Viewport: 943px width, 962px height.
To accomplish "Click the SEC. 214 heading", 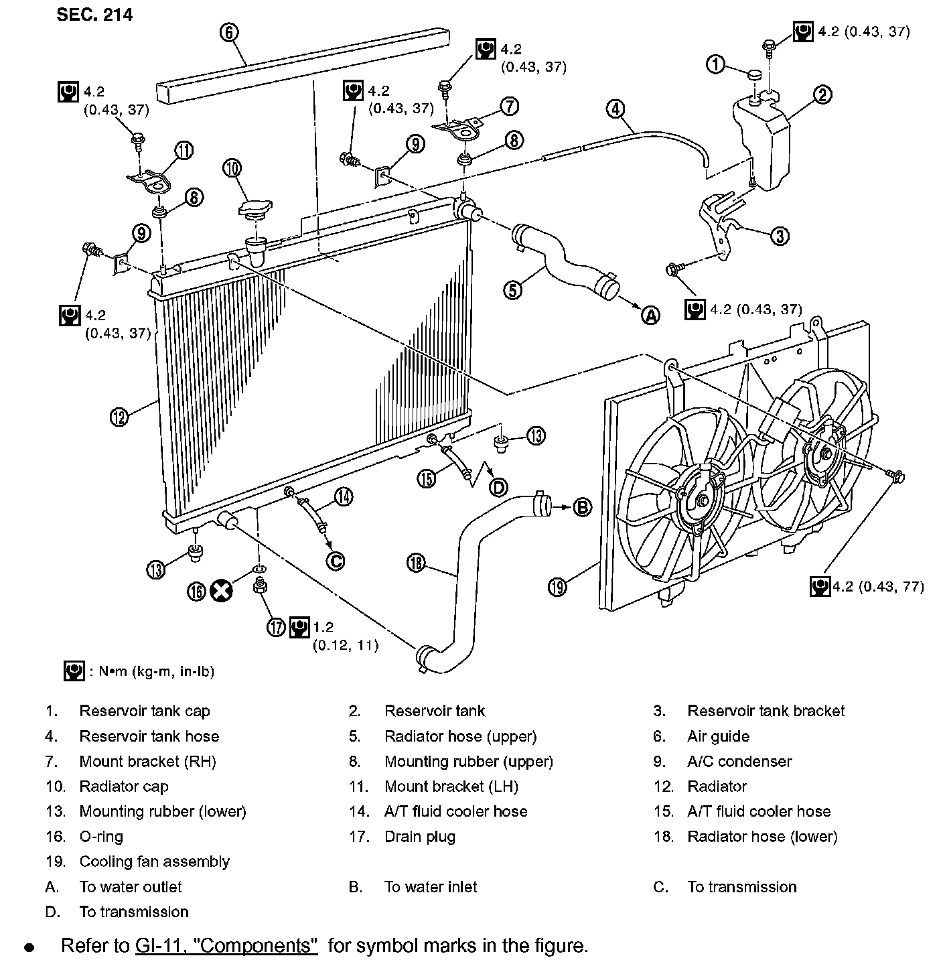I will [x=94, y=15].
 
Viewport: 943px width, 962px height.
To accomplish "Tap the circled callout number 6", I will [x=229, y=32].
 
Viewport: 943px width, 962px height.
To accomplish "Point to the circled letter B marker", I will [x=583, y=507].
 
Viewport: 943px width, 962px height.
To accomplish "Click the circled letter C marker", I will [x=335, y=560].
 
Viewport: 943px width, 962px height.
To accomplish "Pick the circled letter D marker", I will [x=498, y=487].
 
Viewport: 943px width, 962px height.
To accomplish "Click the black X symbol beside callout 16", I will [x=221, y=591].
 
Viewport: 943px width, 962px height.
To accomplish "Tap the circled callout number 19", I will [x=557, y=587].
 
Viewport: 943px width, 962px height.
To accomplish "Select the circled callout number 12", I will [x=119, y=417].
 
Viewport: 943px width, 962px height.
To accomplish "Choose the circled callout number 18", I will [x=415, y=563].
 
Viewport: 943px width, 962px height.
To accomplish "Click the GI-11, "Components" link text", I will [x=226, y=945].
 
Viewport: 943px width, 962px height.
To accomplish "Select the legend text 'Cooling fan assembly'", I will [x=154, y=862].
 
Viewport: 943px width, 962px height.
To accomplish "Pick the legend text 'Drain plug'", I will [x=419, y=836].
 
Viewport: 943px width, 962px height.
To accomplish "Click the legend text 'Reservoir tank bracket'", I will [x=766, y=711].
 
